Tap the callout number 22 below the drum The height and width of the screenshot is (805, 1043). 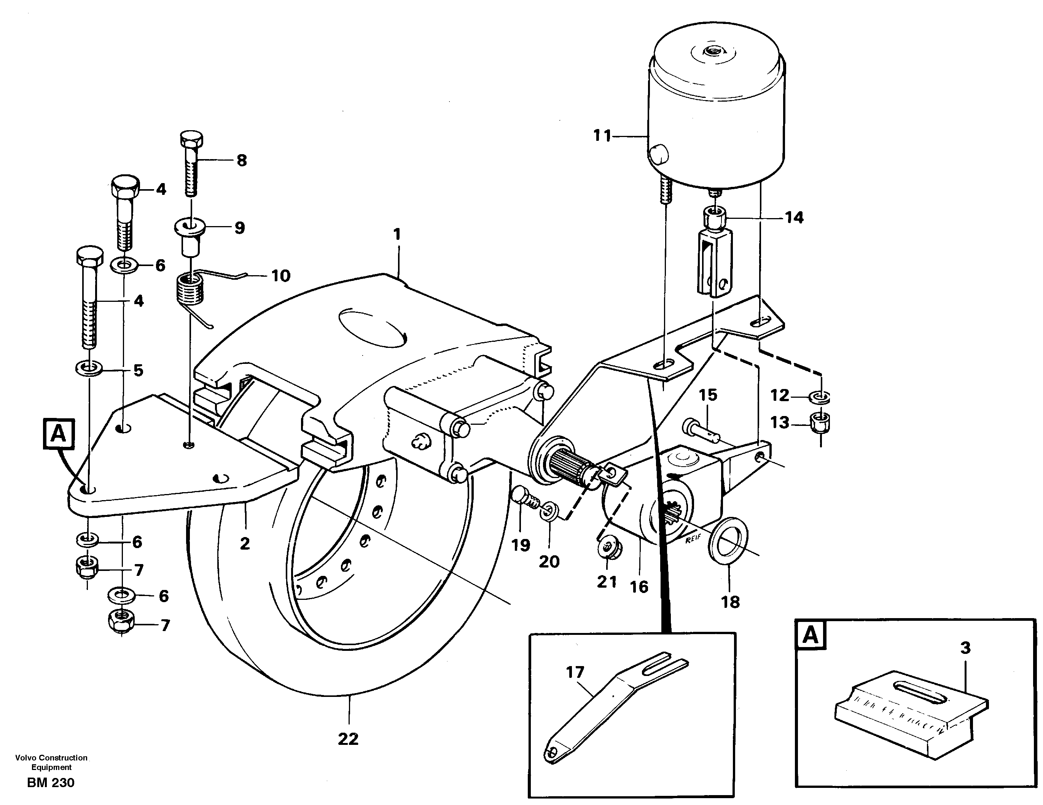click(x=348, y=739)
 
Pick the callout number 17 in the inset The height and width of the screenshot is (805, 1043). click(x=575, y=672)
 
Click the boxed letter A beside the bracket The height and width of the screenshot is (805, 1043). click(x=58, y=434)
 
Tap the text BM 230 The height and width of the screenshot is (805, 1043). click(x=51, y=783)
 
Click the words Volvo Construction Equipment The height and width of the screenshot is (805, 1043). click(x=51, y=762)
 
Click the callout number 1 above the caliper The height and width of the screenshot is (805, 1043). click(x=397, y=234)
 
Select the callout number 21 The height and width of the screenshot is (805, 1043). click(x=607, y=582)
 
